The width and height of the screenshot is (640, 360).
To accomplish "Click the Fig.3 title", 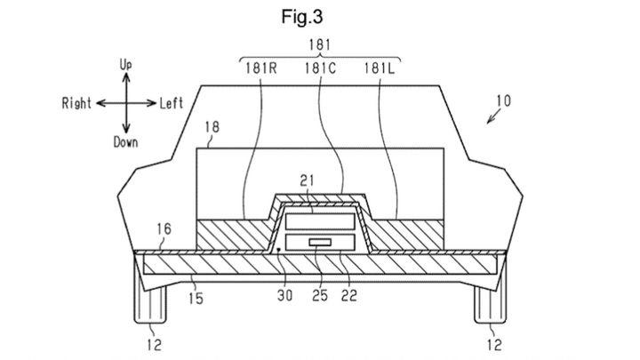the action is click(302, 17).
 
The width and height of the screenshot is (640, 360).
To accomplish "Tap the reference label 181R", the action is click(260, 68).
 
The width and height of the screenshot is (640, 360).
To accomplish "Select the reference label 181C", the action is click(320, 68).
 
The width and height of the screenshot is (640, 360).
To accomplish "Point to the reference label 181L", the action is click(380, 68).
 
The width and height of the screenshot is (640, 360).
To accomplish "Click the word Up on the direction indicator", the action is click(125, 65).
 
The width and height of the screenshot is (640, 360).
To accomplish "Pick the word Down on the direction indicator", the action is click(125, 142).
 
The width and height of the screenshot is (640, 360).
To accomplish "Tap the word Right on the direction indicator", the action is click(76, 103).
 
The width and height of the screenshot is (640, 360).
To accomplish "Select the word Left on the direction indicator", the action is click(171, 104).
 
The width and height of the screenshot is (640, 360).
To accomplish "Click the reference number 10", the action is click(504, 100).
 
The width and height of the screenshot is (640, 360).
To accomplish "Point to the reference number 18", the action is click(212, 127).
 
